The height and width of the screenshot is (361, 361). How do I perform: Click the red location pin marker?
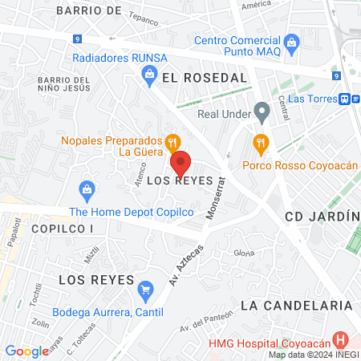click(x=181, y=164)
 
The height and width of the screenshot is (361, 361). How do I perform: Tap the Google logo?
click(x=26, y=351)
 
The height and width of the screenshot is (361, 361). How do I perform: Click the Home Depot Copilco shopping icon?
click(x=87, y=190)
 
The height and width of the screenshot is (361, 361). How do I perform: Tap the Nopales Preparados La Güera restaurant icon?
click(x=172, y=144)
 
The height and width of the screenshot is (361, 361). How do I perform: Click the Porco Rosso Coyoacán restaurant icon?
click(x=260, y=144)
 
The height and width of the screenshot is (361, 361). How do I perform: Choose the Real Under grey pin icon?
click(x=260, y=112)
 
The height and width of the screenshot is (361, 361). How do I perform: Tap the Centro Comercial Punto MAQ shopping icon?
click(x=292, y=40)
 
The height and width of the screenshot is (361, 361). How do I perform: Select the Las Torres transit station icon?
click(x=343, y=99)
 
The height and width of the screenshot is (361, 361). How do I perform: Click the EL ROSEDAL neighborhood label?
click(x=203, y=78)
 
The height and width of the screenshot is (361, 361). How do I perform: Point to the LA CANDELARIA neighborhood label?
click(x=296, y=306)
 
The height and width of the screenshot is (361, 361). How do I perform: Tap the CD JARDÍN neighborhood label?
click(x=322, y=217)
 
